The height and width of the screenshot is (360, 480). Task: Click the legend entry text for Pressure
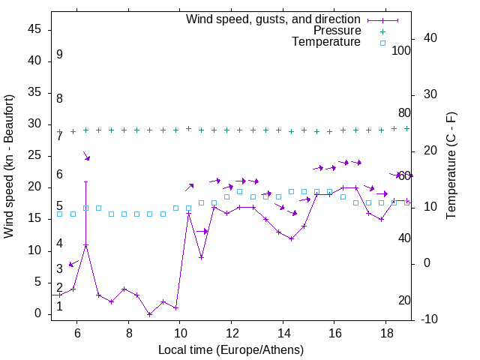[x=337, y=31]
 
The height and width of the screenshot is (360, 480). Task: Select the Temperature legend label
[x=326, y=42]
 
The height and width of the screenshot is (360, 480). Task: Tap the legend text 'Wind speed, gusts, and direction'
[x=274, y=19]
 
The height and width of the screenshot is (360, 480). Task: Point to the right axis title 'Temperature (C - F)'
[x=451, y=166]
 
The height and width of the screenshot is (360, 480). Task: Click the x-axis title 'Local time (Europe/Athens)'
[x=231, y=350]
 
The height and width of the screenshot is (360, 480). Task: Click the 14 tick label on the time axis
[x=283, y=332]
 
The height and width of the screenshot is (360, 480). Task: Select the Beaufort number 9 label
[x=59, y=55]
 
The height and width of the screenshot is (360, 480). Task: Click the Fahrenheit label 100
[x=401, y=51]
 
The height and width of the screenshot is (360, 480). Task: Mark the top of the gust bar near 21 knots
[x=86, y=181]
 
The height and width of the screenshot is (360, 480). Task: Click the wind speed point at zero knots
[x=150, y=314]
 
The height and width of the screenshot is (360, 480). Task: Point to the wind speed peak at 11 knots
[x=86, y=245]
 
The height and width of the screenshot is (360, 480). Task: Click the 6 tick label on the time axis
[x=77, y=332]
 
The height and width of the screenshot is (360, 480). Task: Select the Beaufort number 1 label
[x=59, y=306]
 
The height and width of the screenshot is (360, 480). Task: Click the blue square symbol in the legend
[x=382, y=43]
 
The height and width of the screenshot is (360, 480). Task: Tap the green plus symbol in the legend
[x=382, y=31]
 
